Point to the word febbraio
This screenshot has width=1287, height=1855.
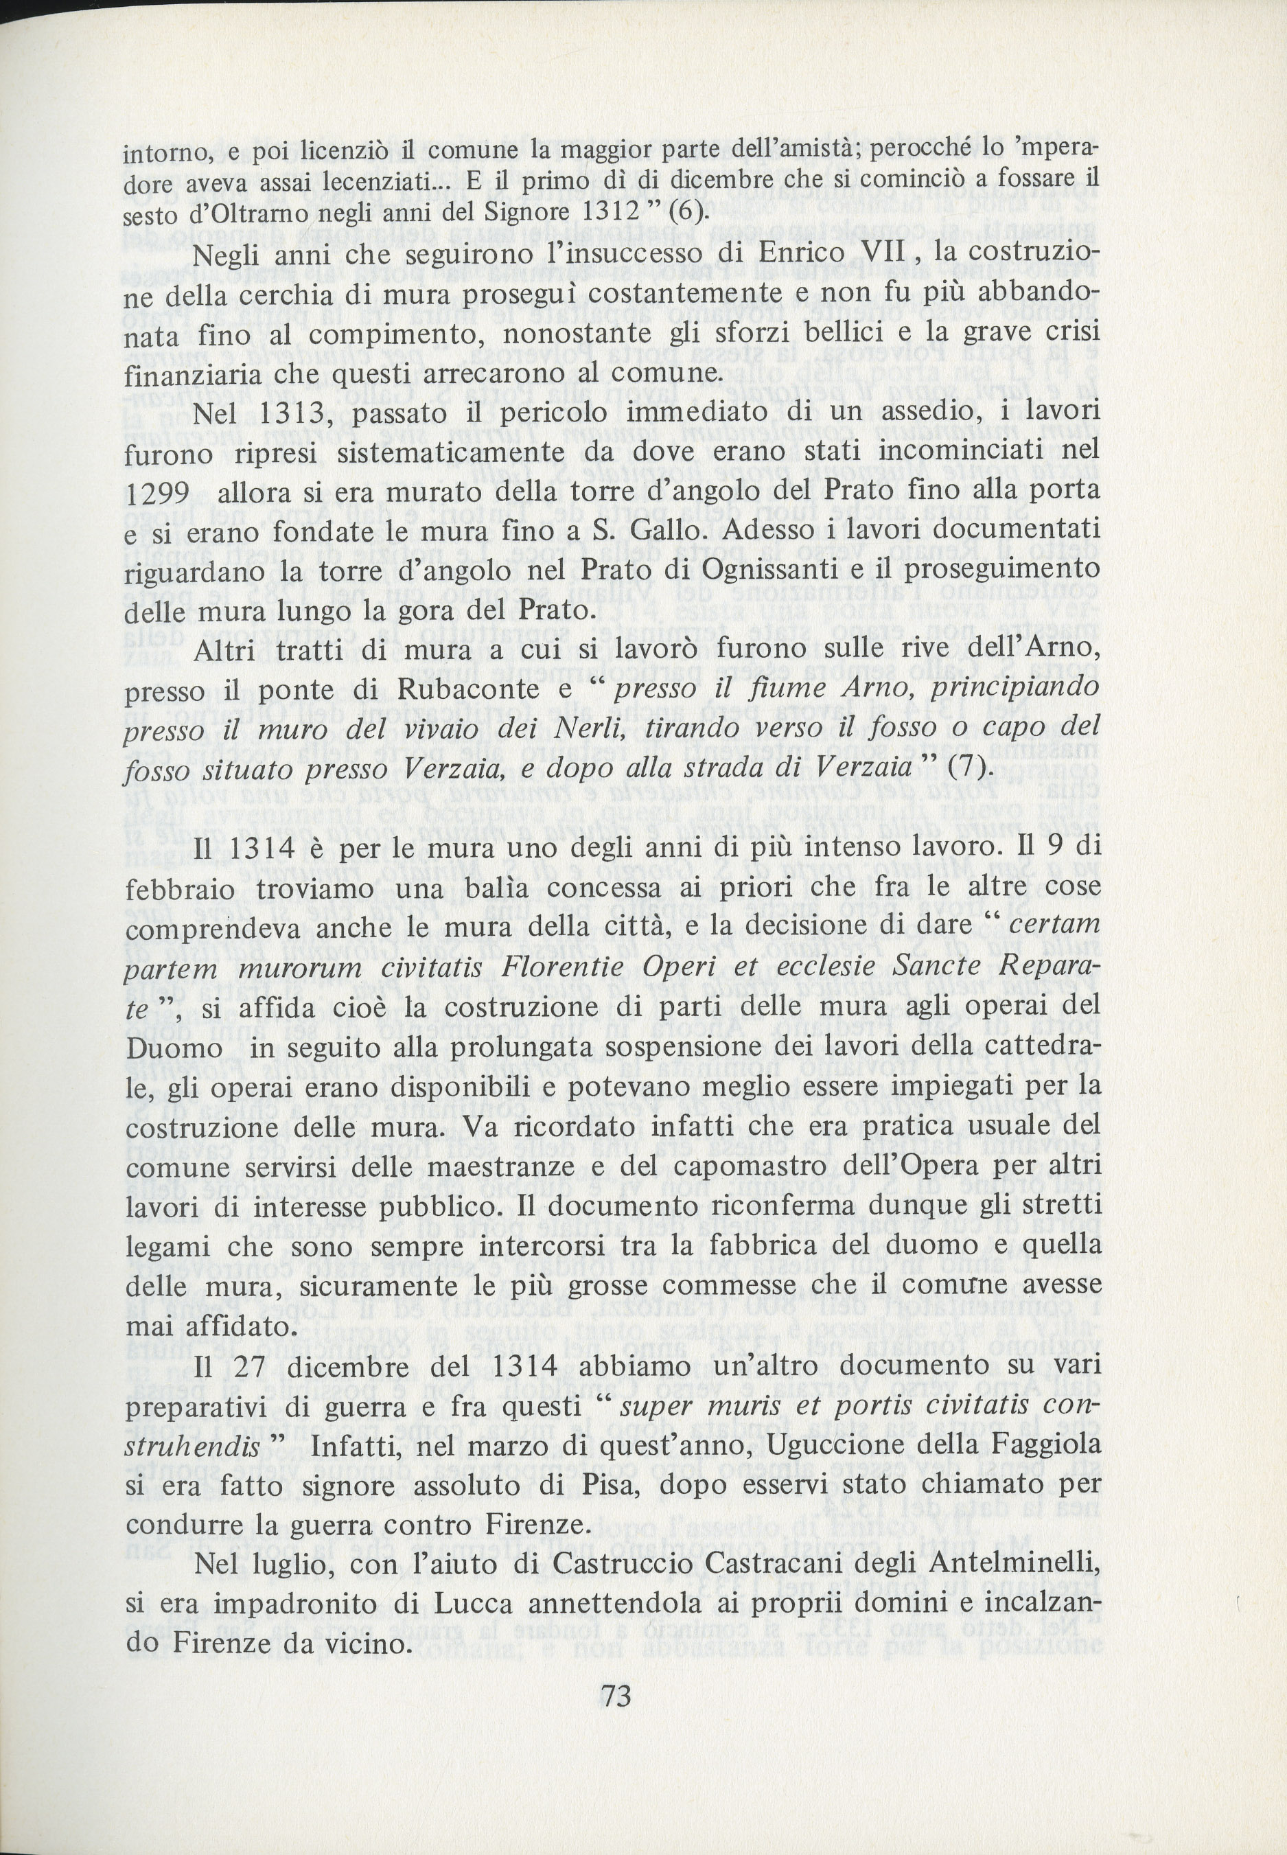coord(180,890)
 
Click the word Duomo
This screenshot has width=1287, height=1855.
coord(174,1048)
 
